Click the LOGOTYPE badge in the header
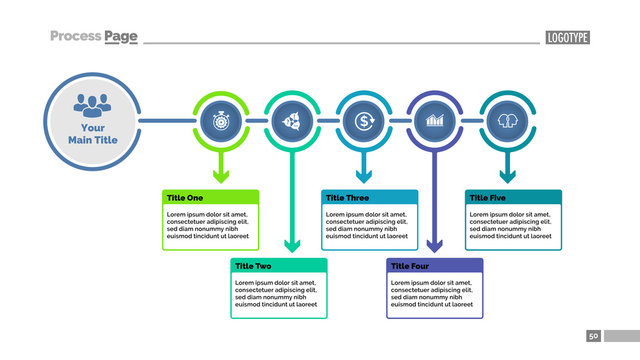pyautogui.click(x=567, y=37)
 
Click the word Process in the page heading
pyautogui.click(x=76, y=36)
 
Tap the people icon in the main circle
pyautogui.click(x=92, y=103)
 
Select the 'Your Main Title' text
pyautogui.click(x=92, y=134)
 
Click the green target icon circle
pyautogui.click(x=219, y=122)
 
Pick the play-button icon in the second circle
pyautogui.click(x=291, y=122)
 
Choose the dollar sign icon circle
pyautogui.click(x=363, y=122)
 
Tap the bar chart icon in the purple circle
pyautogui.click(x=434, y=122)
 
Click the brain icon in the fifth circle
pyautogui.click(x=506, y=122)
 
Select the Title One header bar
pyautogui.click(x=211, y=198)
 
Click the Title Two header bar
pyautogui.click(x=279, y=266)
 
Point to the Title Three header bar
pyautogui.click(x=369, y=198)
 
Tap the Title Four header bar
pyautogui.click(x=434, y=266)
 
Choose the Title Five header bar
pyautogui.click(x=513, y=198)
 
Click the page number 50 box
pyautogui.click(x=593, y=336)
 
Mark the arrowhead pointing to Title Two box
pyautogui.click(x=291, y=245)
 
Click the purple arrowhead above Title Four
pyautogui.click(x=434, y=245)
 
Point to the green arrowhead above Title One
pyautogui.click(x=219, y=177)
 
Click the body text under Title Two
pyautogui.click(x=279, y=294)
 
